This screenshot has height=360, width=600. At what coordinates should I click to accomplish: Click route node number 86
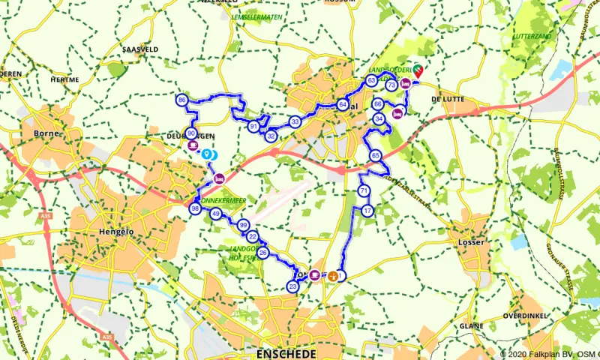coord(182,100)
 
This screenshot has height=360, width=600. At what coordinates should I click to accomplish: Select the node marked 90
coord(191,133)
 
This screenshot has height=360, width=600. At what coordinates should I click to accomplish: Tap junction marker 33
coord(295,121)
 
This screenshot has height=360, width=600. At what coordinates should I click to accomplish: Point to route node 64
coord(343,105)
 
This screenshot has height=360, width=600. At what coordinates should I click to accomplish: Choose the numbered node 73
coord(391,86)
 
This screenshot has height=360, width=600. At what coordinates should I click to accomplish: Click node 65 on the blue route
coord(375,155)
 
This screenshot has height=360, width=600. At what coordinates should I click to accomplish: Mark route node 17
coord(367,211)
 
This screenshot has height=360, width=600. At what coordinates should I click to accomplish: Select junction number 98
coord(195,208)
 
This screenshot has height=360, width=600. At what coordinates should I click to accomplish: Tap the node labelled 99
coord(243,225)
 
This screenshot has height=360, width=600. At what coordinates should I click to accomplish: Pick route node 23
coord(292,286)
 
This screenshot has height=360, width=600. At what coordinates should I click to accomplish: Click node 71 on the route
coord(364,191)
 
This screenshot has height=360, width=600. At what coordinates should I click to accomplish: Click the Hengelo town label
coord(115,232)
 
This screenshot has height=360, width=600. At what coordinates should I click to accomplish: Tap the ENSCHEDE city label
coord(286,352)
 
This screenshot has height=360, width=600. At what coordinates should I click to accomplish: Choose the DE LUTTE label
coord(448,99)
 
